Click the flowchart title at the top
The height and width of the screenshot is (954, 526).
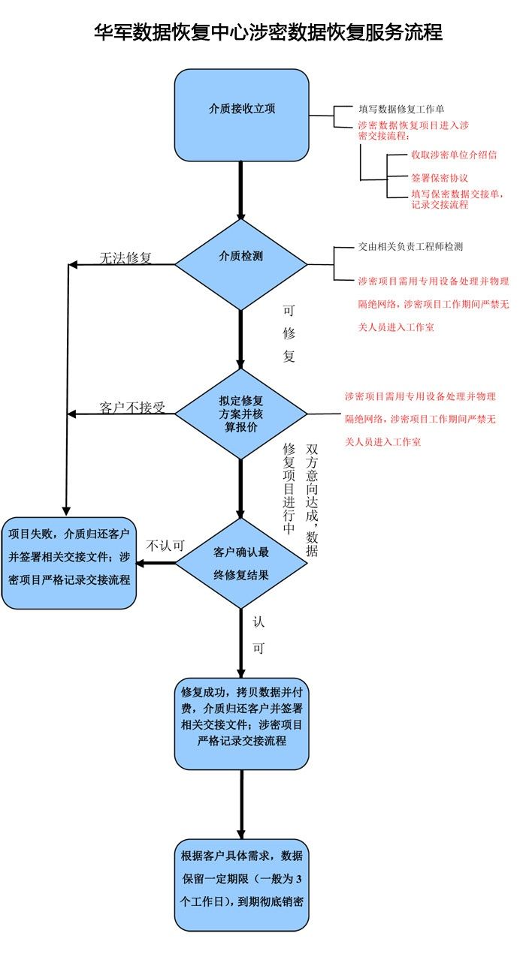click(x=268, y=32)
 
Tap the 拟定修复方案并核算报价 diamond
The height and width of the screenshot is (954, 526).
click(x=241, y=414)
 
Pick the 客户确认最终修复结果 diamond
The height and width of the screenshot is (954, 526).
click(x=241, y=563)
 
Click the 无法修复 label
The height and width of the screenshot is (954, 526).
click(x=125, y=257)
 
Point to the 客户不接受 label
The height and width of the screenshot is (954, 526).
click(x=132, y=408)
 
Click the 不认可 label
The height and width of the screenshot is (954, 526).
click(x=165, y=546)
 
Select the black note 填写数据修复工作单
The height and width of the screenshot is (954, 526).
click(x=401, y=109)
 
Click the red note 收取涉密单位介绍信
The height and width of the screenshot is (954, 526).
click(x=453, y=155)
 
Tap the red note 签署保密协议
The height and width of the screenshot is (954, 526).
click(x=440, y=179)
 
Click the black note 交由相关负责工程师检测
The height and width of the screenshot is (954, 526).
click(x=416, y=246)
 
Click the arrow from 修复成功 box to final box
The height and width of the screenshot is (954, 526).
click(x=241, y=804)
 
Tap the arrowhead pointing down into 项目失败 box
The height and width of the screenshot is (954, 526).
click(x=66, y=510)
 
